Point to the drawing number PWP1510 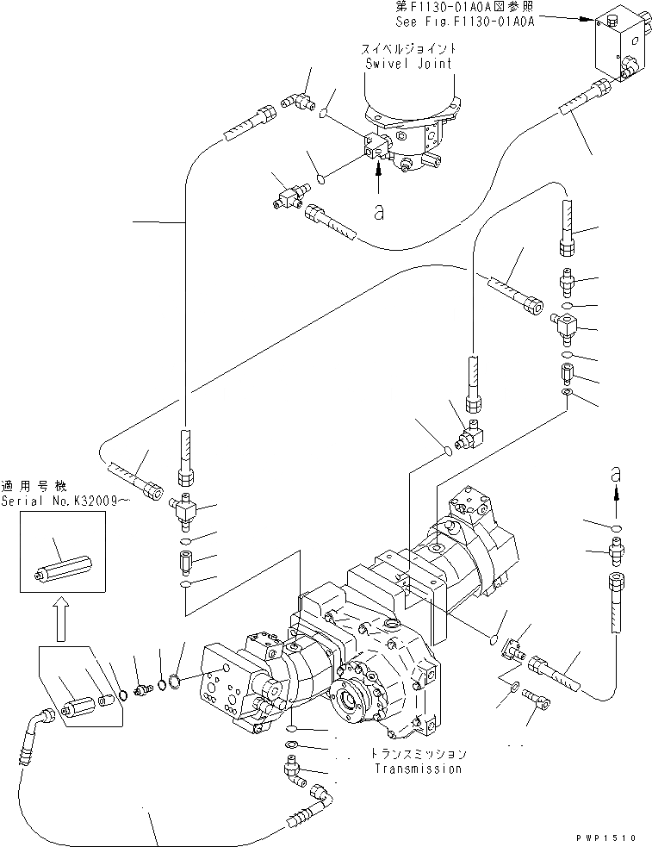tap(615, 836)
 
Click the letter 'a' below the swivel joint tap(378, 212)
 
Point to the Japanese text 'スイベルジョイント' tap(409, 49)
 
